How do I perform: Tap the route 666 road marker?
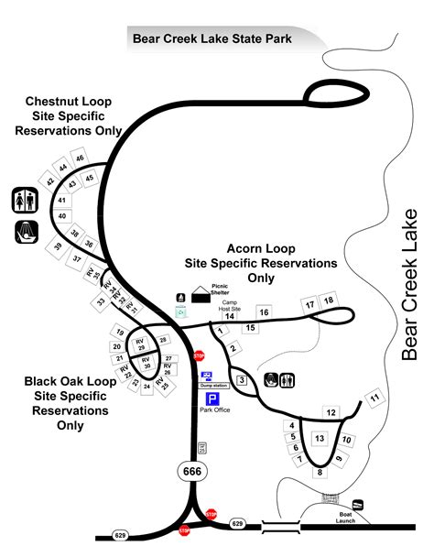(194, 471)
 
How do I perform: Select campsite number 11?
(374, 398)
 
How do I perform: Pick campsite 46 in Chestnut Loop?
(81, 159)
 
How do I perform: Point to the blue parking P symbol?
(211, 400)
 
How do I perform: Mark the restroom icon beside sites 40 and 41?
(24, 199)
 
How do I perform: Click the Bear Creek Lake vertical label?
(410, 284)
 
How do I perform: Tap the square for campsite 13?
(319, 439)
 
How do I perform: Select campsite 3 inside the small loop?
(242, 380)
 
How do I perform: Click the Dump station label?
(212, 387)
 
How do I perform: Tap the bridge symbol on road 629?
(280, 528)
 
